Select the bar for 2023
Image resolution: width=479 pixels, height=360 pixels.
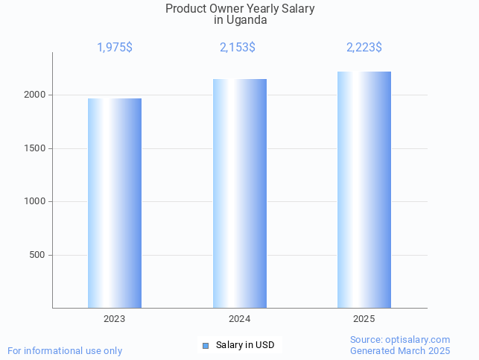point(115,203)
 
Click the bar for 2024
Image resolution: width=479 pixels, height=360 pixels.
point(240,193)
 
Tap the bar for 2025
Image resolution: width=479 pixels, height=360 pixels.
point(364,189)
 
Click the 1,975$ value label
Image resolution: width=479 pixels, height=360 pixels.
point(115,48)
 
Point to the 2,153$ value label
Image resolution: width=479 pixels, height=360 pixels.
point(238,48)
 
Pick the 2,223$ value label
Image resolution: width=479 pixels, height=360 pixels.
point(364,48)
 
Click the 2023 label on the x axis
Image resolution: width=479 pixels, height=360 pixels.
point(115,319)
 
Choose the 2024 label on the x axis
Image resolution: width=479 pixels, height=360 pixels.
point(239,319)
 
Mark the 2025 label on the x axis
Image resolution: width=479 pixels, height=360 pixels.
point(364,319)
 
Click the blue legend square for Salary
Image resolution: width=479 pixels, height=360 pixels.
point(206,345)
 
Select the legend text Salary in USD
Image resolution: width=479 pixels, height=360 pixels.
point(245,345)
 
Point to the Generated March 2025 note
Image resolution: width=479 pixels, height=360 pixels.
point(400,350)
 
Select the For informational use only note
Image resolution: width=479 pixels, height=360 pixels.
point(65,350)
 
